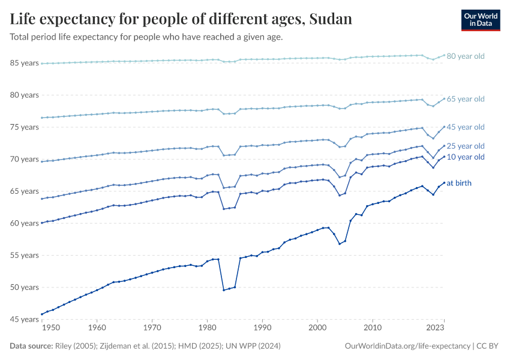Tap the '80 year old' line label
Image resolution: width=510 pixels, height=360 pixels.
[465, 56]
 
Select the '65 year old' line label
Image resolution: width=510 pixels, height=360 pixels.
[465, 99]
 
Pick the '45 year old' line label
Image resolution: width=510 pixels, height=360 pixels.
[465, 127]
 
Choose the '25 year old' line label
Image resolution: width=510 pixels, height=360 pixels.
[465, 146]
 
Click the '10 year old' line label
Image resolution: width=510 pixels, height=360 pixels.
[465, 157]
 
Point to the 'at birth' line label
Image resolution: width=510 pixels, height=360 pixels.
[459, 183]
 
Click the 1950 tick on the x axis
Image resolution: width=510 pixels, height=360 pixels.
[51, 329]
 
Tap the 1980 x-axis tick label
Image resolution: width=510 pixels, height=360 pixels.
[207, 329]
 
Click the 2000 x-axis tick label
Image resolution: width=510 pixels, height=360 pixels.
[317, 329]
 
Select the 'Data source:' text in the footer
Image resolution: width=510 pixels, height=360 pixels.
[31, 346]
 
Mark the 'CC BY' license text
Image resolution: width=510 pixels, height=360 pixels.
[488, 346]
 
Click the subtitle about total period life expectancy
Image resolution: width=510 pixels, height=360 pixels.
[146, 37]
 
